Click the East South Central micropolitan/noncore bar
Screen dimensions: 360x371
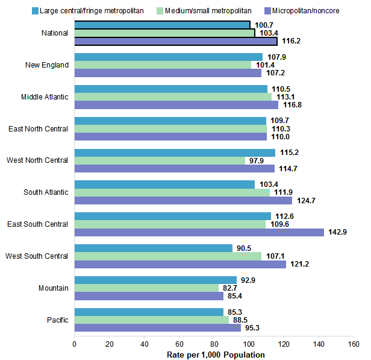pyautogui.click(x=199, y=232)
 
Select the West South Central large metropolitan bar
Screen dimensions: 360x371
pyautogui.click(x=153, y=248)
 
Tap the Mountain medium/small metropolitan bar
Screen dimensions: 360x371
pyautogui.click(x=146, y=288)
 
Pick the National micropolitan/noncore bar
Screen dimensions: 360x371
pyautogui.click(x=176, y=41)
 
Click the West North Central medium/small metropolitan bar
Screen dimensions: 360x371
pyautogui.click(x=160, y=160)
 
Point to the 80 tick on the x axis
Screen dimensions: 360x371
pyautogui.click(x=214, y=344)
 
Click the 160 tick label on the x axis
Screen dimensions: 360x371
pyautogui.click(x=353, y=344)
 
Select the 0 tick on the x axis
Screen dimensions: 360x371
pyautogui.click(x=74, y=344)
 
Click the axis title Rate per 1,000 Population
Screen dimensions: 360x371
pyautogui.click(x=216, y=355)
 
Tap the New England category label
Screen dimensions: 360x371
pyautogui.click(x=47, y=65)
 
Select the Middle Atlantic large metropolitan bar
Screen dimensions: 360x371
pyautogui.click(x=170, y=89)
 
